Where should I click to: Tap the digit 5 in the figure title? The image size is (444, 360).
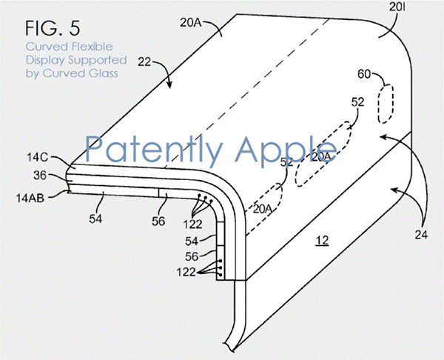coord(74,28)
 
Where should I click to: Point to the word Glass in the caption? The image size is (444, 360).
coord(103,73)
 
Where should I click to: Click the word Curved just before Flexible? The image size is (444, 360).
coord(47,47)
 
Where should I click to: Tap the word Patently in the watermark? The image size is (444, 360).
coord(153,150)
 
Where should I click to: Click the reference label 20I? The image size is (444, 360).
coord(397,7)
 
